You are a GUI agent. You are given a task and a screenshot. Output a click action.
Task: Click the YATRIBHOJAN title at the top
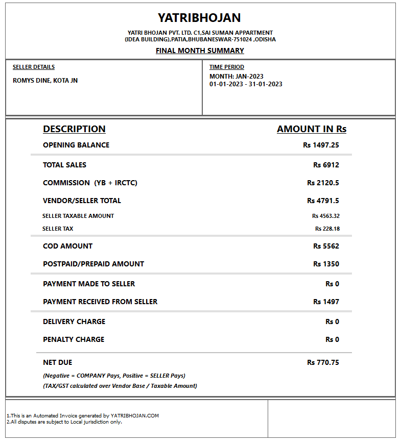point(199,18)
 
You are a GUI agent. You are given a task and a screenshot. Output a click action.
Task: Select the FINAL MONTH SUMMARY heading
point(200,51)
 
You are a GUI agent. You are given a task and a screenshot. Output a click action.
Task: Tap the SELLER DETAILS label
point(34,67)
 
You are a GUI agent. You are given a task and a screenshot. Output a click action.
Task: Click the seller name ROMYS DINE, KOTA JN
point(45,80)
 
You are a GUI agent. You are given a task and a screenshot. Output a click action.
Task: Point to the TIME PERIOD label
point(227,67)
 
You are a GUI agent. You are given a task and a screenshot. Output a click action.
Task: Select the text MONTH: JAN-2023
point(237,77)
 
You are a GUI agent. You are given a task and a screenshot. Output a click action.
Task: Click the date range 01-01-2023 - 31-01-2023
point(246,84)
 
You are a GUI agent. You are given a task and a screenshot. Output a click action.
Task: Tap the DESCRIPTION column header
point(74,129)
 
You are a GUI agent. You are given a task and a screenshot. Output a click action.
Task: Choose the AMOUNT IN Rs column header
point(312,129)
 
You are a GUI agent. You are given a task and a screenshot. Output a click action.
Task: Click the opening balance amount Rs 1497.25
point(321,145)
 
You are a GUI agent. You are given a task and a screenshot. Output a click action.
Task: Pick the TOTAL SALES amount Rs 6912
point(326,165)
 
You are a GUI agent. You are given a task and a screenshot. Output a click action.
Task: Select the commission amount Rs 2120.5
point(323,183)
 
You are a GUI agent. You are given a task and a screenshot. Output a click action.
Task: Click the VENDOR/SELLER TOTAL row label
point(82,201)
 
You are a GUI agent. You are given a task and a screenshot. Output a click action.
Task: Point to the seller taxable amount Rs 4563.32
point(326,216)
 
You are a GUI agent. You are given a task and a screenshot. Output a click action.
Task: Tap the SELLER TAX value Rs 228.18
point(327,229)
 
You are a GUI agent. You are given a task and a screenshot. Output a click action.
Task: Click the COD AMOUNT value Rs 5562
point(326,246)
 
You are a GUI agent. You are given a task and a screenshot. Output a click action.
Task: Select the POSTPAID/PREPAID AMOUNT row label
point(93,264)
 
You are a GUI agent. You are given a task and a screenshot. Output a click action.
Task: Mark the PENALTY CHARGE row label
point(74,339)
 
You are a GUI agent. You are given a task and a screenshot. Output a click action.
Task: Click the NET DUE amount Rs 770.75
point(323,362)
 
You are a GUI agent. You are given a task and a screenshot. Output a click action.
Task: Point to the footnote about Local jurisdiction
point(64,422)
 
